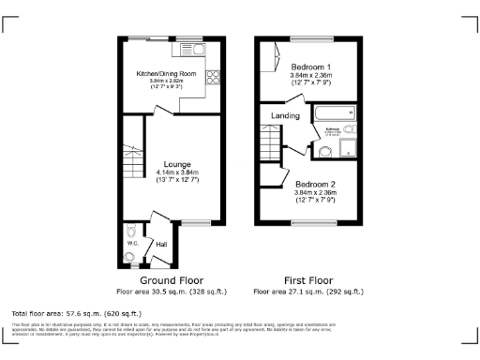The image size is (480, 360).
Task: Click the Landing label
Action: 285,115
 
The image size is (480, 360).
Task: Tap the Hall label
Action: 160,245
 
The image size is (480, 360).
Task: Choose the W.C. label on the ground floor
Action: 132,245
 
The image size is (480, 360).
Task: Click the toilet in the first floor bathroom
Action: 351,131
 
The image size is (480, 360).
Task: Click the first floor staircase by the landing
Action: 273,143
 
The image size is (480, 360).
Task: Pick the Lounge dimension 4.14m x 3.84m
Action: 173,172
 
